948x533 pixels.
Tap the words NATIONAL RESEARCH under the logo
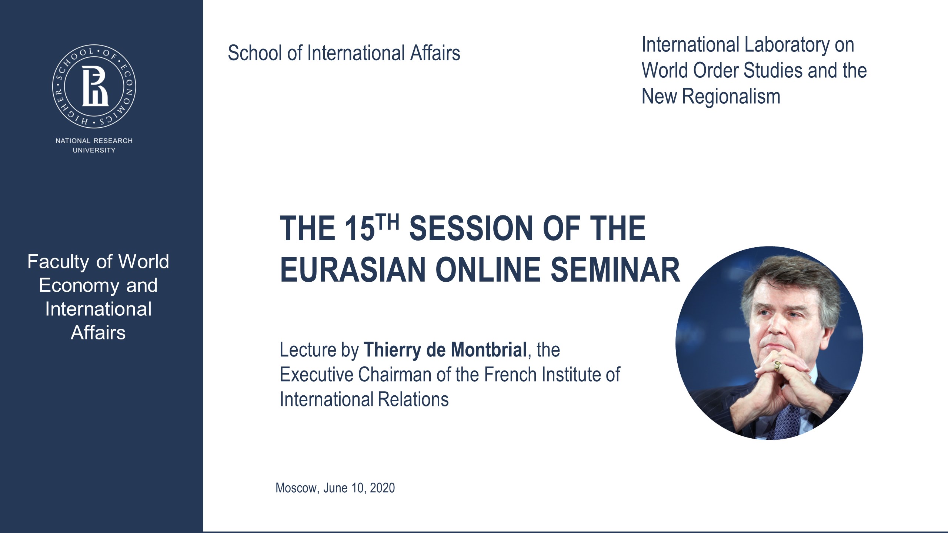click(x=94, y=141)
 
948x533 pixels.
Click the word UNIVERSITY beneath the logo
click(x=94, y=150)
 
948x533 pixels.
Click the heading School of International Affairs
click(x=344, y=53)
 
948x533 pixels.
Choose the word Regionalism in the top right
click(x=731, y=96)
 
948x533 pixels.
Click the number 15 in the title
click(x=359, y=229)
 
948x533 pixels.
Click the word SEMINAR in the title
click(x=615, y=270)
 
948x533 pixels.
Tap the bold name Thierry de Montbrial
click(x=445, y=350)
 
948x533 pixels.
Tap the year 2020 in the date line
click(x=382, y=488)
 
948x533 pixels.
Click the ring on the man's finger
click(x=778, y=366)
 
